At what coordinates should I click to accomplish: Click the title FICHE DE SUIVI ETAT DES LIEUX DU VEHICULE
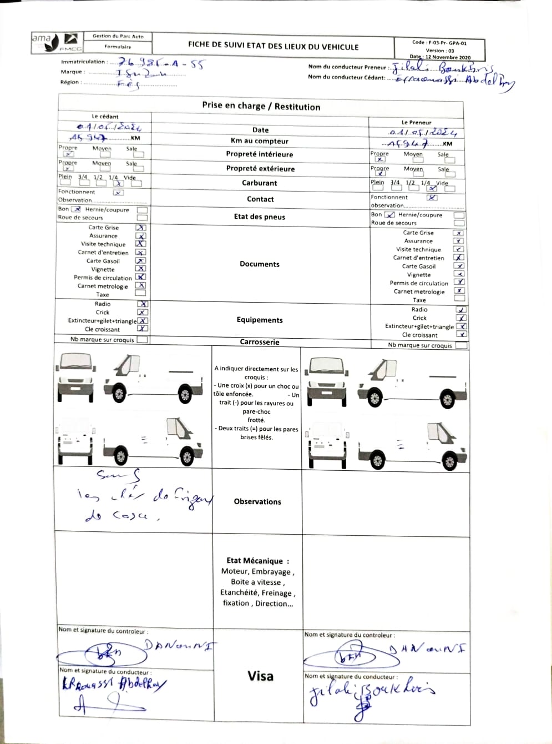pos(273,47)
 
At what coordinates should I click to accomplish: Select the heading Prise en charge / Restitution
pos(261,107)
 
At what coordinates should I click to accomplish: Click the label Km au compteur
pos(260,141)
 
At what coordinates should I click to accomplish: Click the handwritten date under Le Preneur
pos(423,132)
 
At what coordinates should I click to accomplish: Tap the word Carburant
pos(259,183)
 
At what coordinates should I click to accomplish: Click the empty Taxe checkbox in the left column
pos(141,293)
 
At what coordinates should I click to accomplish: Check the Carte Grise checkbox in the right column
pos(458,233)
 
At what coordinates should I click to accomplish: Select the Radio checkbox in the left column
pos(143,304)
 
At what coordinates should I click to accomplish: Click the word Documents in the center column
pos(259,264)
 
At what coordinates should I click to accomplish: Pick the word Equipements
pos(259,320)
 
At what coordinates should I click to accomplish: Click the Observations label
pos(257,502)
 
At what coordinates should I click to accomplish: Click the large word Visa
pos(260,676)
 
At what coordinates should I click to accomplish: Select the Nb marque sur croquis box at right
pos(460,345)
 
